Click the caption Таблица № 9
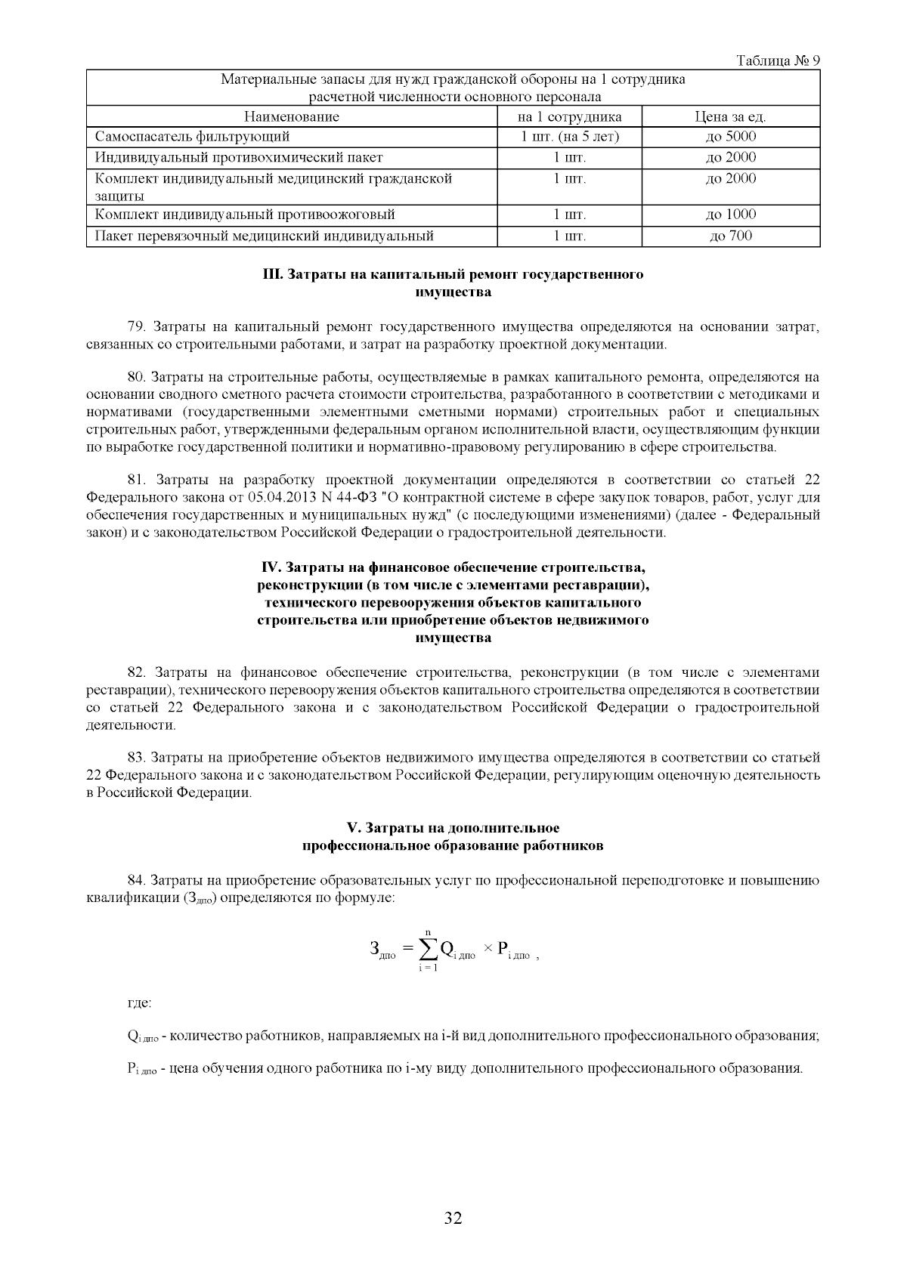(x=778, y=60)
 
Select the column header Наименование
(x=291, y=116)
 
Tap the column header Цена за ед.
(x=730, y=116)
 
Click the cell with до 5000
(x=730, y=137)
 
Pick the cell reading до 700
(x=730, y=236)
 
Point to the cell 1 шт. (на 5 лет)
(x=569, y=137)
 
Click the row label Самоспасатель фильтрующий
(x=193, y=137)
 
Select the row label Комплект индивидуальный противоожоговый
(x=245, y=215)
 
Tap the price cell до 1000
(x=730, y=215)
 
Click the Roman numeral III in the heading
(x=271, y=274)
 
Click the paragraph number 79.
(x=136, y=327)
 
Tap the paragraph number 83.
(x=136, y=757)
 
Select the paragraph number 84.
(x=136, y=880)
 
